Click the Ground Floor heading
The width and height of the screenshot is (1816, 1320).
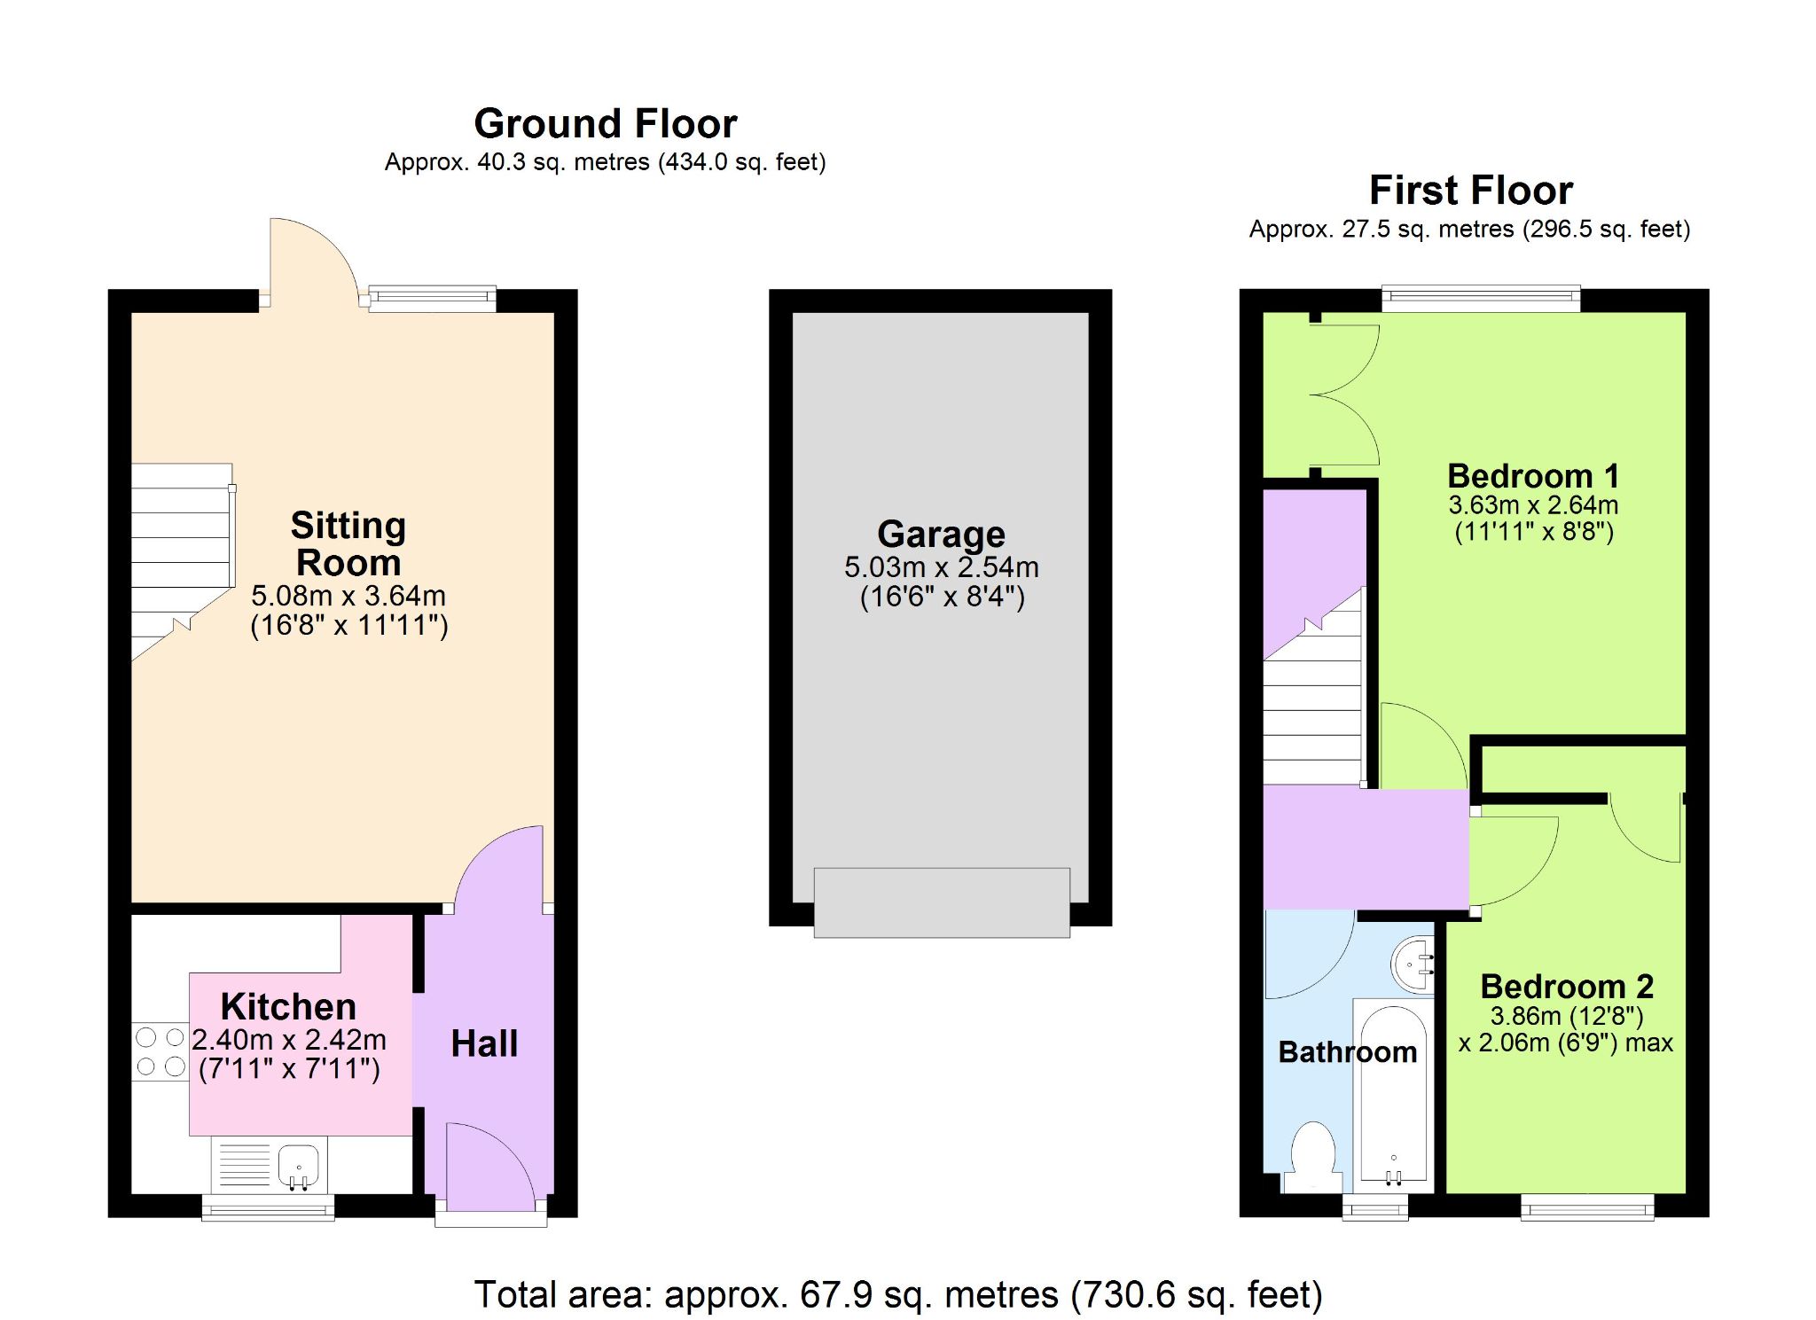606,124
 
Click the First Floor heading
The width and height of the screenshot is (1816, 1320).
1471,191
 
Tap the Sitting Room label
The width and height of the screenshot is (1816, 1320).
348,544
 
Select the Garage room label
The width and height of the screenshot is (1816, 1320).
941,535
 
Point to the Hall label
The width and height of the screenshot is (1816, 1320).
484,1043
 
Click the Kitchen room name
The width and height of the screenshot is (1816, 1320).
288,1007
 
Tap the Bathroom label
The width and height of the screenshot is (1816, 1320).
1348,1052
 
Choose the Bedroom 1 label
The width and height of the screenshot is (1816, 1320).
1533,476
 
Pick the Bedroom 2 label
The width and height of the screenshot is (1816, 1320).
1567,987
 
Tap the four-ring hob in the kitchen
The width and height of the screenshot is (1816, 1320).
160,1051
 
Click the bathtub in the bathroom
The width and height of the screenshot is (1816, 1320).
1393,1097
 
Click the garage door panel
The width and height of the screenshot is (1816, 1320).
942,902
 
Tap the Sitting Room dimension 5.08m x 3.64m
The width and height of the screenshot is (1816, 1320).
348,596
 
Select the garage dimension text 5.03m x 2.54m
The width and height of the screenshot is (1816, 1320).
941,567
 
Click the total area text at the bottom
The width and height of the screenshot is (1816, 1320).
898,1294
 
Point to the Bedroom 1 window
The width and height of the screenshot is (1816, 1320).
1481,299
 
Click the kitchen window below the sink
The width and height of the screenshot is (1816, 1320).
268,1207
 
